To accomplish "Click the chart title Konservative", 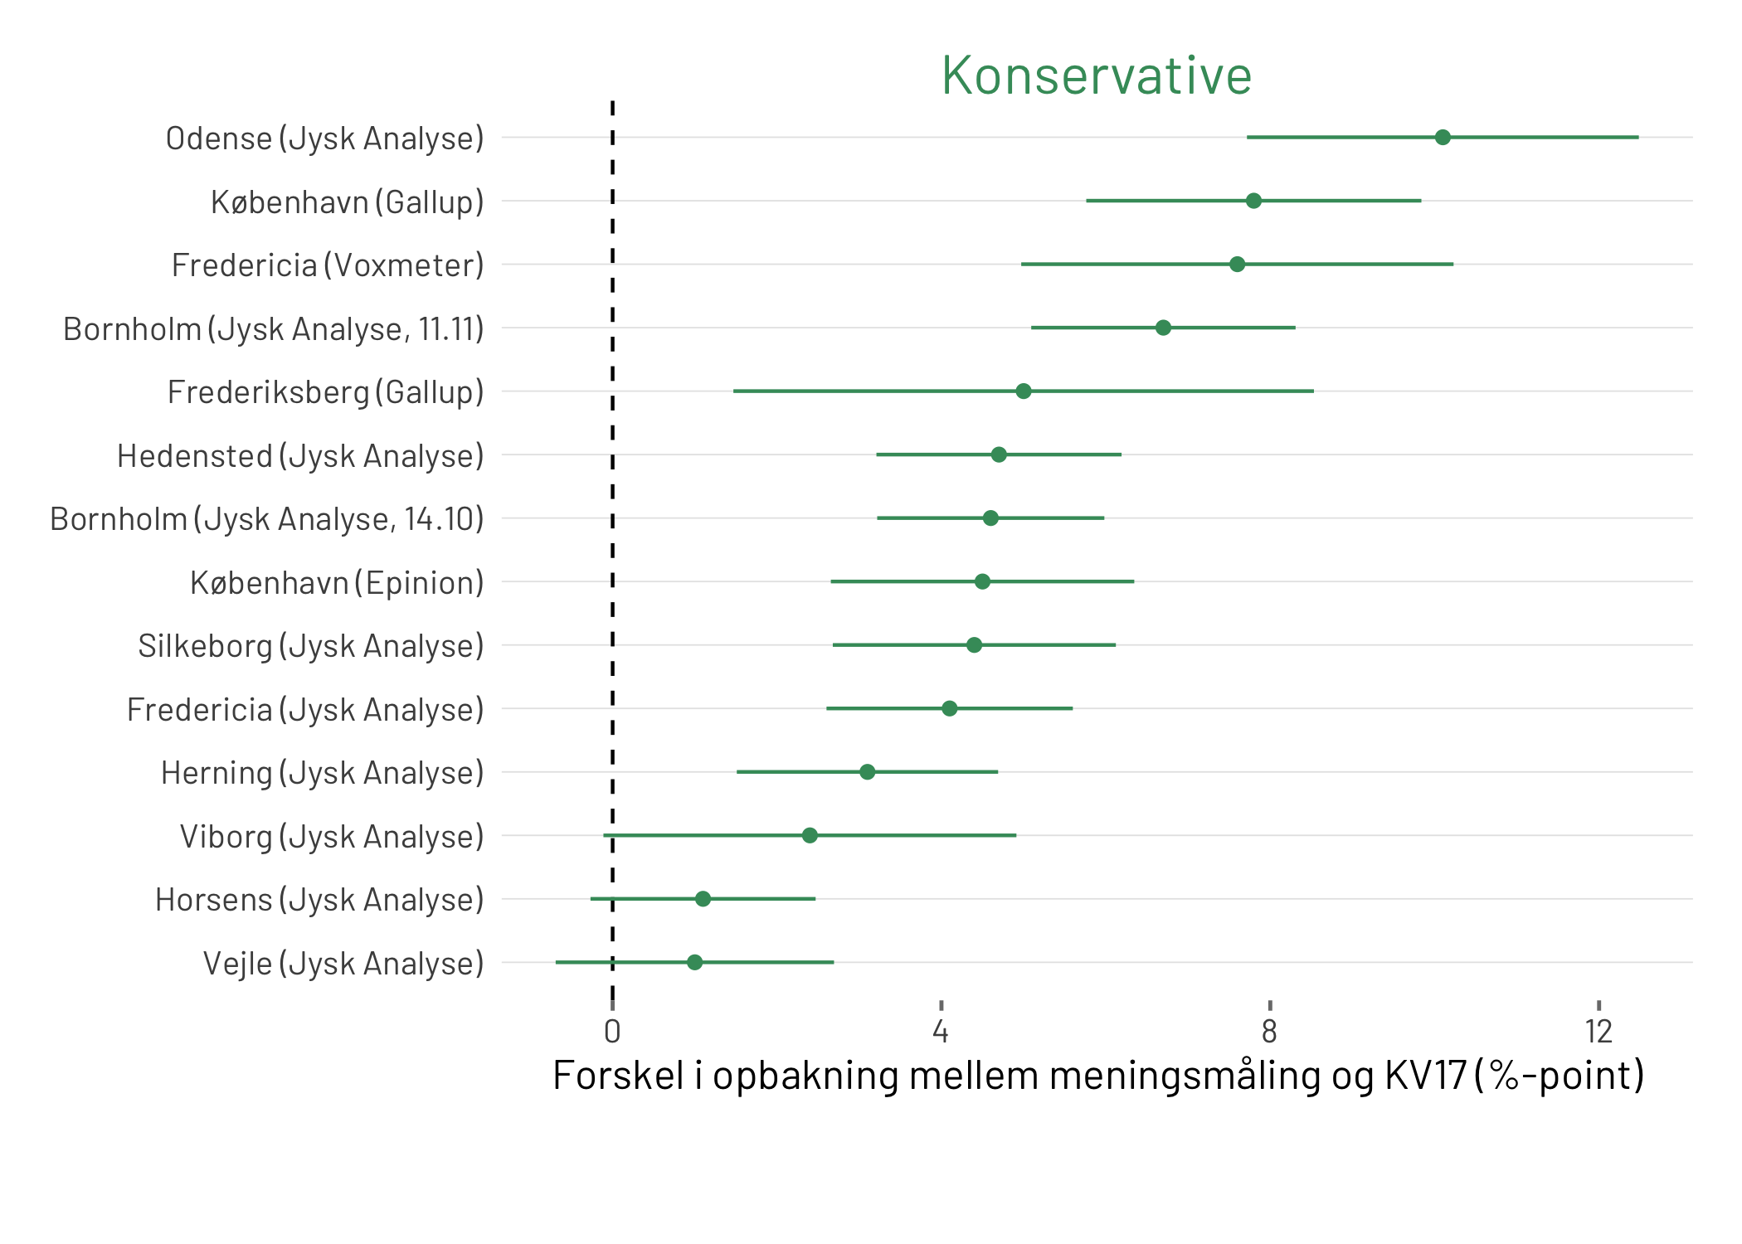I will [1096, 76].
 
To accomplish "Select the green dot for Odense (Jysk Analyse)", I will [1443, 138].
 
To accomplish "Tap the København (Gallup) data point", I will [1253, 201].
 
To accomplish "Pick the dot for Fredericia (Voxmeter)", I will [1237, 265].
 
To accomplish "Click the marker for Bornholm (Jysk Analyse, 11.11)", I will [1163, 328].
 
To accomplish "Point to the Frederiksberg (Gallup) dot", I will [1024, 391].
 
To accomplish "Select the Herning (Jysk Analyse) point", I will [867, 772].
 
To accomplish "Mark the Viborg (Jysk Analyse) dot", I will [810, 835].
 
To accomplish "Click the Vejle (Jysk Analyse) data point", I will [694, 962].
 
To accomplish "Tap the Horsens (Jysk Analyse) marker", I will [703, 899].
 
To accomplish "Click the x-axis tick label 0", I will [612, 1032].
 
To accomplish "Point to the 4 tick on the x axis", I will [940, 1032].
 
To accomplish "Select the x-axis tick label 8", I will [1269, 1032].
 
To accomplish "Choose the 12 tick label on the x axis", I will [1598, 1032].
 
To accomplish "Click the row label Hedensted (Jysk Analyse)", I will [300, 456].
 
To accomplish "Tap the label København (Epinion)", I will [337, 583].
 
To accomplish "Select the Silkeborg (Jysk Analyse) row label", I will [311, 646].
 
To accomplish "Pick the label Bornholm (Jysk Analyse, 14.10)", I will [267, 519].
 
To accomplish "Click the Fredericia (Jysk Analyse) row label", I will [305, 710].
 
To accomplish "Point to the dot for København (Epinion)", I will [982, 581].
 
